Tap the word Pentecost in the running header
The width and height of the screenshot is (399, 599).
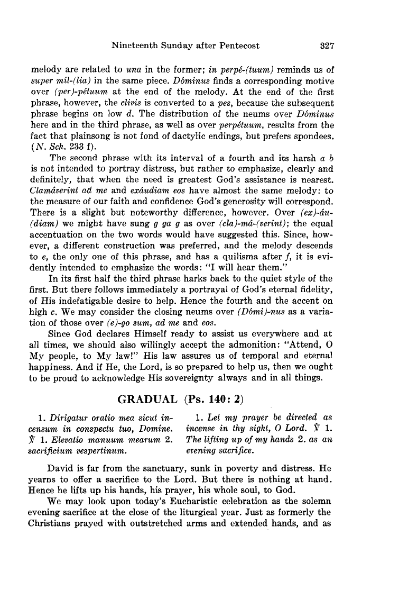pos(236,46)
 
